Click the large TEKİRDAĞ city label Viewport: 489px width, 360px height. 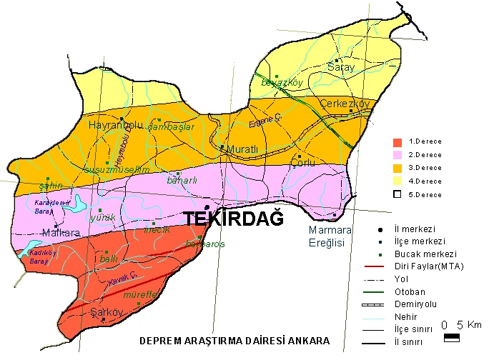pyautogui.click(x=234, y=219)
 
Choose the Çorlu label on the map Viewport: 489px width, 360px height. pyautogui.click(x=304, y=163)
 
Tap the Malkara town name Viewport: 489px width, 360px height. pyautogui.click(x=61, y=232)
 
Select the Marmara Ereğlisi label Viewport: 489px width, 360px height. pyautogui.click(x=330, y=236)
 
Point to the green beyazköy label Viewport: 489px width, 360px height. pyautogui.click(x=282, y=83)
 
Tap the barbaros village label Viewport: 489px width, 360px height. pyautogui.click(x=204, y=244)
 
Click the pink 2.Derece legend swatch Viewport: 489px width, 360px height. pyautogui.click(x=398, y=155)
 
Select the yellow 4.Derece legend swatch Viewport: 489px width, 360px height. pyautogui.click(x=398, y=181)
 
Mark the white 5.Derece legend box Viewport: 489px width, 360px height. pyautogui.click(x=398, y=194)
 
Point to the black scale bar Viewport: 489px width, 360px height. pyautogui.click(x=453, y=339)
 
